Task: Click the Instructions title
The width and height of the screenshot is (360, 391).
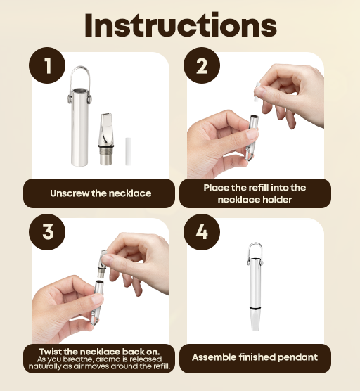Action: point(180,25)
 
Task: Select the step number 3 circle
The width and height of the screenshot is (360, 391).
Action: point(47,232)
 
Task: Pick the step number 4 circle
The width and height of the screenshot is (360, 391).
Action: point(202,232)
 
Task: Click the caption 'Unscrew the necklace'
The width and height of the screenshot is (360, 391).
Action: point(101,193)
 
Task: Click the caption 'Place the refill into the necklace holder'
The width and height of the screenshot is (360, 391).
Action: point(255,193)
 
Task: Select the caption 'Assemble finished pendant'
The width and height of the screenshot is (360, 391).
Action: point(255,357)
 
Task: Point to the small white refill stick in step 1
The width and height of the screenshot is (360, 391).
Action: point(128,151)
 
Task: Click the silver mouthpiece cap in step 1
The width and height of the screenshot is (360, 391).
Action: point(106,139)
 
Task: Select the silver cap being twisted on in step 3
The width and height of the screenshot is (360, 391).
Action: point(103,263)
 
